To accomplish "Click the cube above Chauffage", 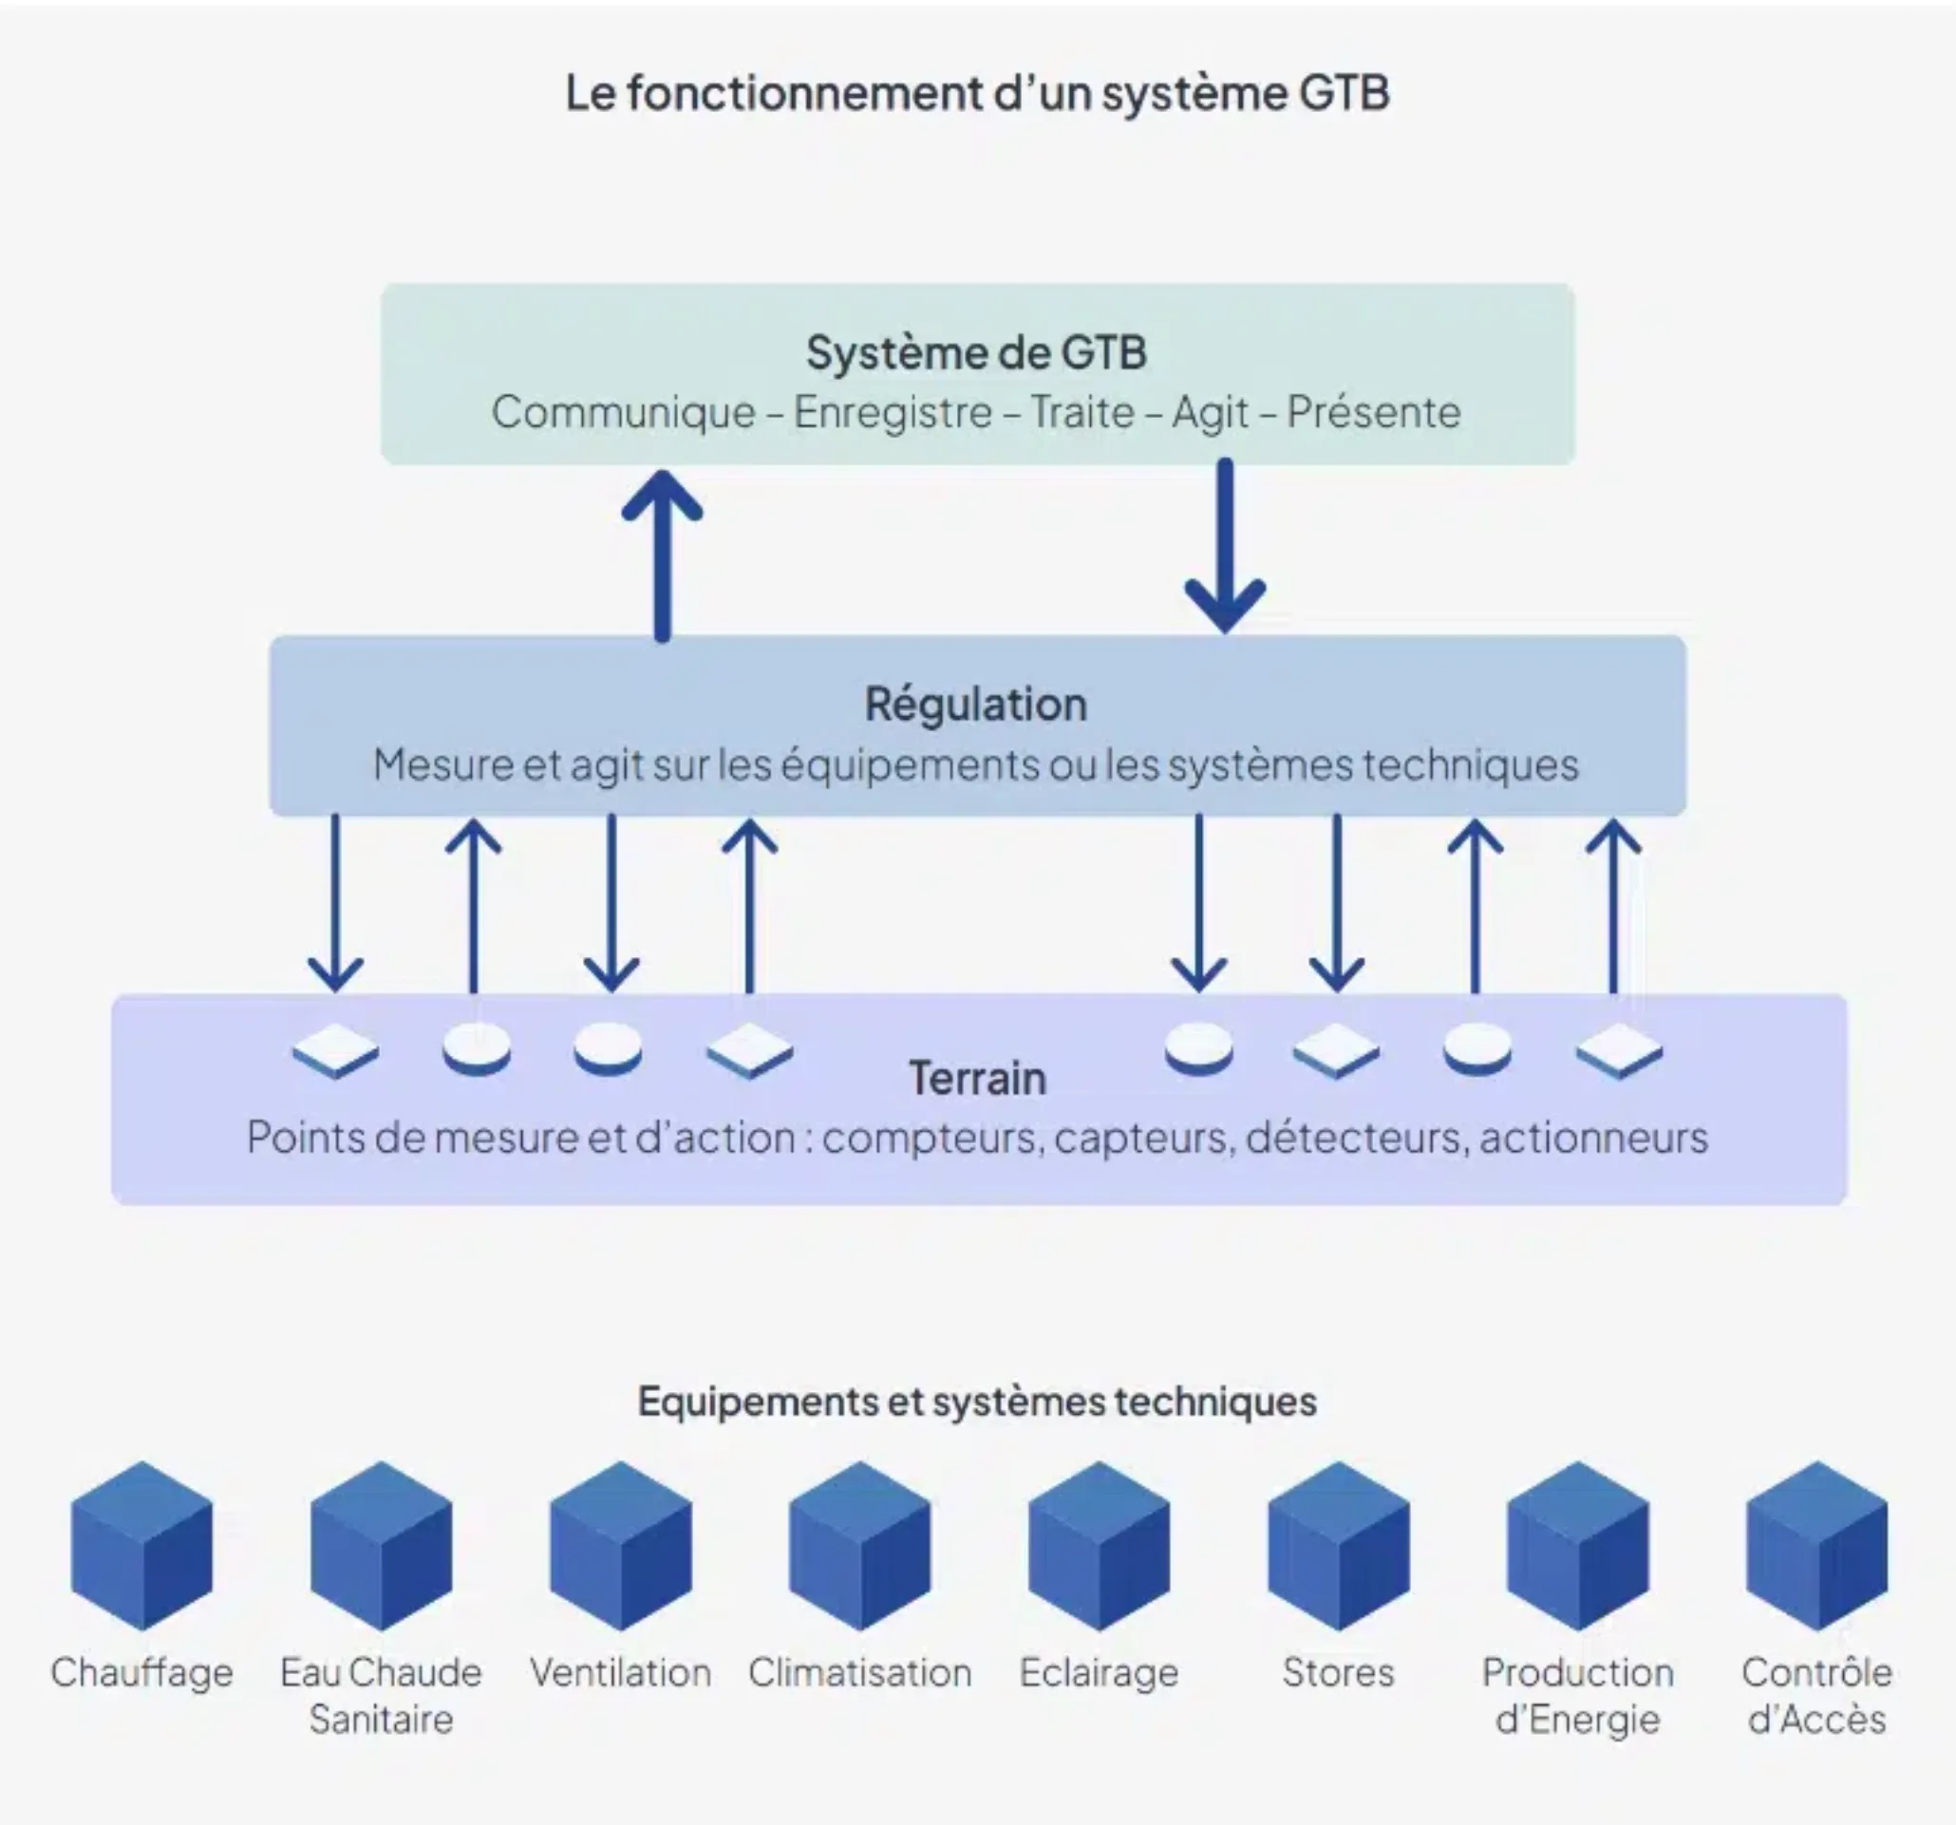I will (x=141, y=1545).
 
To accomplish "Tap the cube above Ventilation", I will (x=621, y=1545).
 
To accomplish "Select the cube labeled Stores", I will (x=1338, y=1545).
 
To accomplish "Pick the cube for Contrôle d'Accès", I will (x=1816, y=1545).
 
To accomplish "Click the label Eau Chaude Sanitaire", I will (x=381, y=1695).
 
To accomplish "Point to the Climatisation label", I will (x=860, y=1672).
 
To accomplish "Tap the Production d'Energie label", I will (x=1577, y=1695).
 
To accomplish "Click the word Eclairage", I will (x=1098, y=1672).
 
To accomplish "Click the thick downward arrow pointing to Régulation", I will (x=1225, y=547).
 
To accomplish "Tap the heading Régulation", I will (x=976, y=705).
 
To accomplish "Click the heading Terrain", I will (x=977, y=1079).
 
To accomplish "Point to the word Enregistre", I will (x=893, y=412).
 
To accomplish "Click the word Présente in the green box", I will (x=1374, y=412).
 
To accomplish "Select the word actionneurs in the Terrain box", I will (x=1594, y=1138).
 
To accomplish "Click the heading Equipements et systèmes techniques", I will (x=977, y=1401).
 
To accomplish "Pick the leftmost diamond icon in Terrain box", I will (x=335, y=1051).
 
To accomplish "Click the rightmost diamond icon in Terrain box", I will (x=1619, y=1051).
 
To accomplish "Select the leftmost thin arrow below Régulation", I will (x=335, y=903).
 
